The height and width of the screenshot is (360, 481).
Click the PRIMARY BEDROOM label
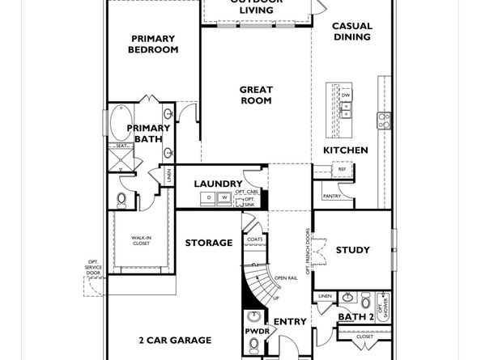coord(154,44)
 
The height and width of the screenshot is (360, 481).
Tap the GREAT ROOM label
coord(256,95)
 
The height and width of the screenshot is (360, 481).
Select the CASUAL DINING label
coord(352,32)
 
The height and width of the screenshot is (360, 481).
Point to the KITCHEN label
coord(346,150)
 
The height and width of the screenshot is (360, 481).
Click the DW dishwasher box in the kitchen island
coord(346,95)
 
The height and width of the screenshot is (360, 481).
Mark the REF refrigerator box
coord(330,170)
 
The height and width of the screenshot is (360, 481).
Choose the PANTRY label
coord(332,196)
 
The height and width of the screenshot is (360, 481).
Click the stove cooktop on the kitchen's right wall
coord(383,121)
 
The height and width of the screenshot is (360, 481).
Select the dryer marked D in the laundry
coord(208,197)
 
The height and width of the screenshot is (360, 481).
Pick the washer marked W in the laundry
coord(223,197)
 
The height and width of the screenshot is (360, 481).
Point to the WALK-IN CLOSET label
coord(142,240)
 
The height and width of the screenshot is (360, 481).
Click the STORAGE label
coord(208,243)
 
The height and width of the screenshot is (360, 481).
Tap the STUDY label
coord(352,250)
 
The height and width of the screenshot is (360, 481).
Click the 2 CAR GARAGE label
coord(175,341)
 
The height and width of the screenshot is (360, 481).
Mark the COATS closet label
coord(255,239)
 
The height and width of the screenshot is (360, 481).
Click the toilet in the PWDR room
coord(254,345)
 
